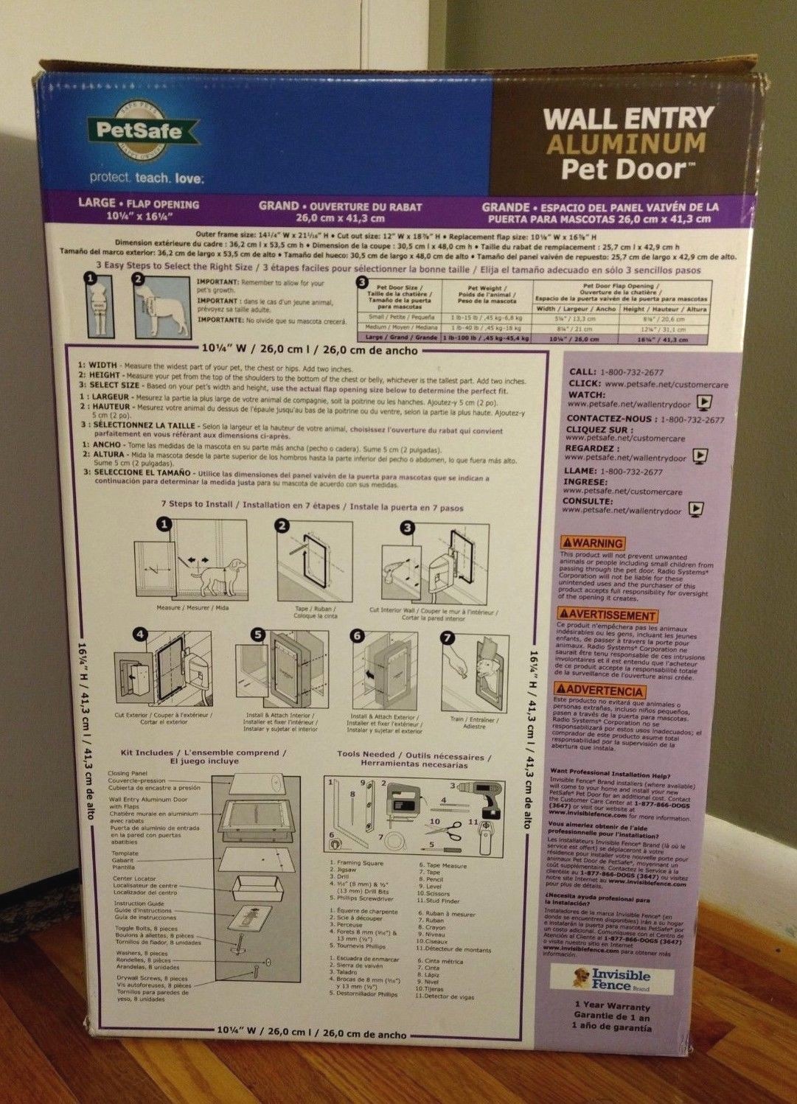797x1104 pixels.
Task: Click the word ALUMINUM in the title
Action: [x=625, y=144]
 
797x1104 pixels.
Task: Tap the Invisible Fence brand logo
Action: [x=613, y=979]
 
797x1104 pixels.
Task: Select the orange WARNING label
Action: [x=592, y=543]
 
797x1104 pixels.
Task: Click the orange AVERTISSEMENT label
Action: [x=607, y=615]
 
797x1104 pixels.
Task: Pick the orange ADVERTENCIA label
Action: [x=600, y=691]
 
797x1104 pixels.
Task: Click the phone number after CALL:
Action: [x=633, y=372]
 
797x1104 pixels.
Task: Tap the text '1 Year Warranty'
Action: [x=613, y=1006]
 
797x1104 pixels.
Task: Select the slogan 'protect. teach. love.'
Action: [x=147, y=178]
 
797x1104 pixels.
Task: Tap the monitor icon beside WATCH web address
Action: [x=705, y=403]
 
